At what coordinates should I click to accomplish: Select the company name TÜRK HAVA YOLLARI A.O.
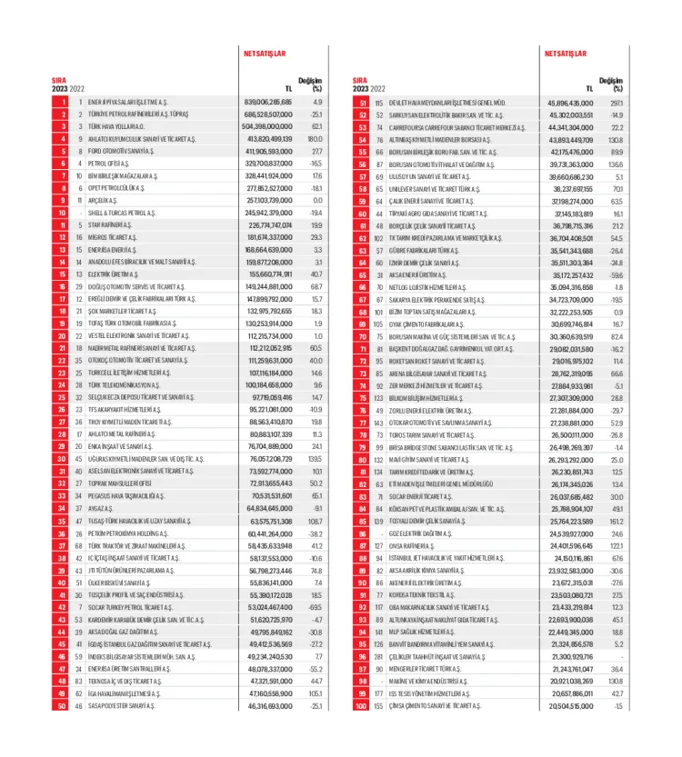click(119, 126)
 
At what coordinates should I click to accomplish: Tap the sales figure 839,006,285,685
click(268, 103)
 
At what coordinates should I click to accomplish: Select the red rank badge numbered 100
click(361, 704)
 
